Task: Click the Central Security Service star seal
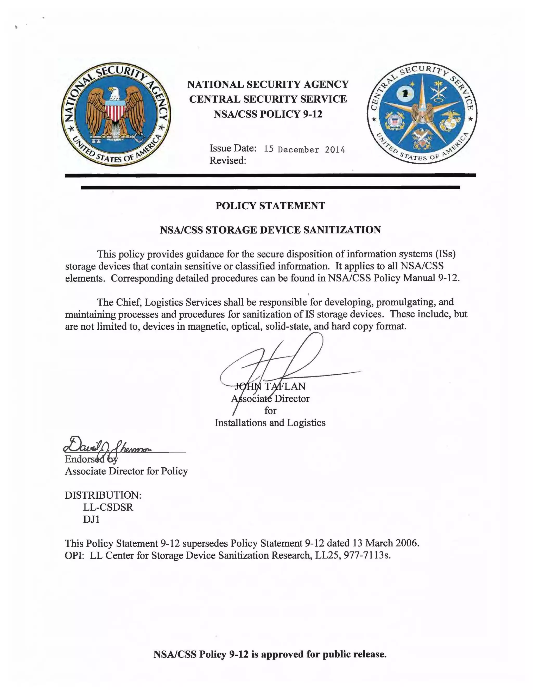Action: [422, 113]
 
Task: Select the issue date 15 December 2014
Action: [304, 149]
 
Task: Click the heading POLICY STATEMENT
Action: [270, 206]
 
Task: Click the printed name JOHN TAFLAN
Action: [270, 386]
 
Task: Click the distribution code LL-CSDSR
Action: [108, 507]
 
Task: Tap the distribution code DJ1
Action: [92, 519]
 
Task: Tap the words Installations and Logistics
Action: [270, 423]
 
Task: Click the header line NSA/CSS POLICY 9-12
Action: [268, 114]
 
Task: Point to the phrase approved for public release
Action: [324, 654]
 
